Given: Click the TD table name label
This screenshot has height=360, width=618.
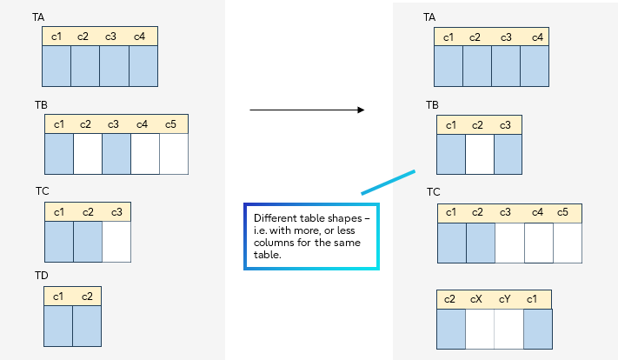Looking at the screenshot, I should pyautogui.click(x=42, y=276).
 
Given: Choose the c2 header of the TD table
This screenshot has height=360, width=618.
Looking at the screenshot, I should pyautogui.click(x=86, y=297).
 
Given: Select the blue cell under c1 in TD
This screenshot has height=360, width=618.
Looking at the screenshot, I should pyautogui.click(x=58, y=327).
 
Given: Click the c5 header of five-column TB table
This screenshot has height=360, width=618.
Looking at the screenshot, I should pyautogui.click(x=170, y=124).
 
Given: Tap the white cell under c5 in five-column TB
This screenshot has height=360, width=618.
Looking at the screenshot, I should pyautogui.click(x=174, y=153).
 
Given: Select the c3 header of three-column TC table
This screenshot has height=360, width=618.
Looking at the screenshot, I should pyautogui.click(x=116, y=212).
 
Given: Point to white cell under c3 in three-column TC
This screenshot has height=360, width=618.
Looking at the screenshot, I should pyautogui.click(x=116, y=243).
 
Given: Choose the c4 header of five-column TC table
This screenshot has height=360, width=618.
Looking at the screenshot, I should pyautogui.click(x=537, y=212).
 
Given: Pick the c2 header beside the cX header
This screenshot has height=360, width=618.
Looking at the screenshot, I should pyautogui.click(x=449, y=299).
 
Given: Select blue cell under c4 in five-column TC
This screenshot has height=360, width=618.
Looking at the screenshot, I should pyautogui.click(x=538, y=243).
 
